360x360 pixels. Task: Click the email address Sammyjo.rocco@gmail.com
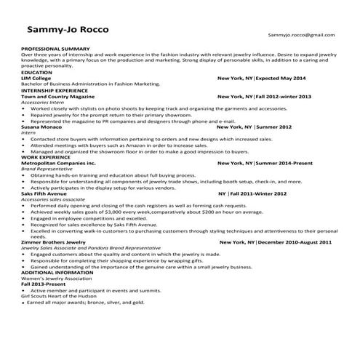(301, 35)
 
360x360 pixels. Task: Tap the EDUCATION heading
(36, 73)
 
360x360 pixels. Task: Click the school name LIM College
(40, 79)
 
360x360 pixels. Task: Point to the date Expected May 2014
(281, 79)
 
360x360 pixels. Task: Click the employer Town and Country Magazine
(58, 96)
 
